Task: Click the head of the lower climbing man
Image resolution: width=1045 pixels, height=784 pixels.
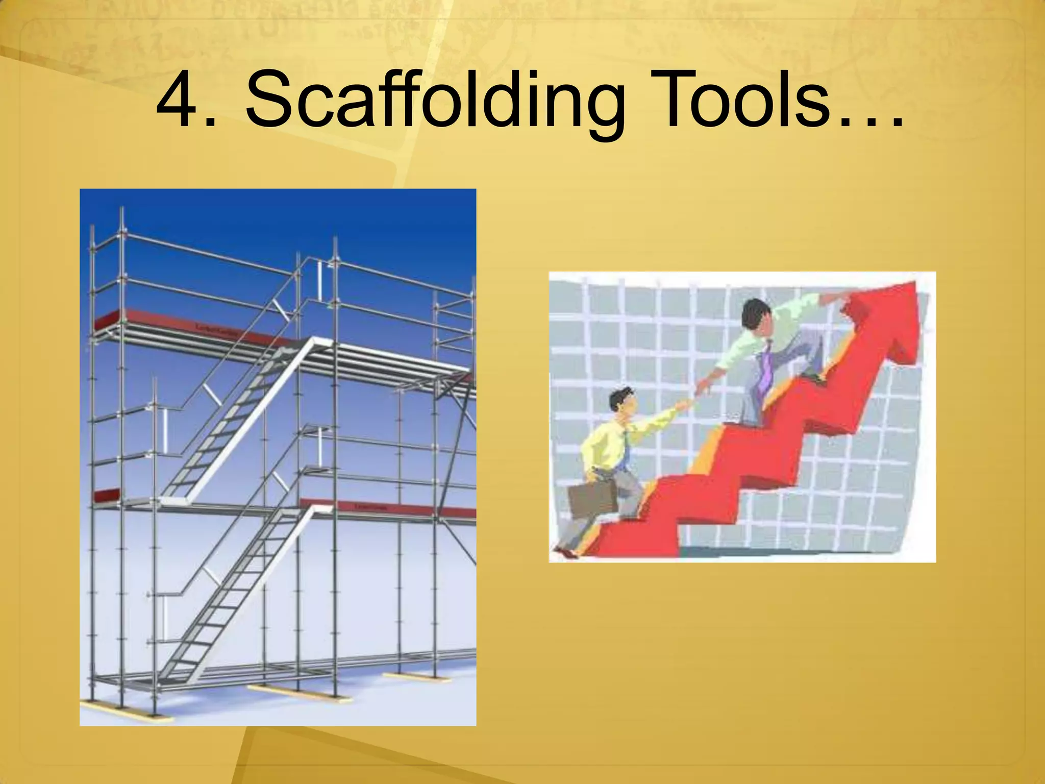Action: (x=623, y=403)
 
